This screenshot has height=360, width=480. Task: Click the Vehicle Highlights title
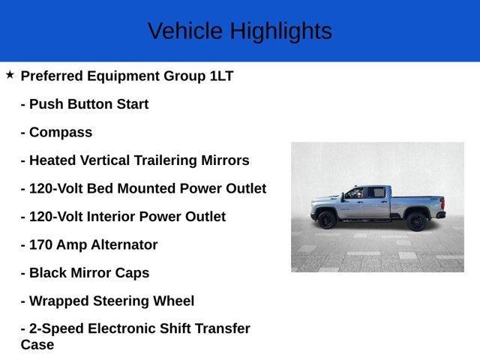[239, 31]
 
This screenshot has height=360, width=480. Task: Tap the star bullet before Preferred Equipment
[10, 75]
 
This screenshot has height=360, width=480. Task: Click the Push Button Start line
[84, 104]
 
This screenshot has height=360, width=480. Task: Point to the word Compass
[61, 133]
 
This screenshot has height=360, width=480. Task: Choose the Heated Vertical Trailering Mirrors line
[135, 160]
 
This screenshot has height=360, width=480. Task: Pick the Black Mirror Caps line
[85, 273]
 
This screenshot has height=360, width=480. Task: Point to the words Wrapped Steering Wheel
[112, 301]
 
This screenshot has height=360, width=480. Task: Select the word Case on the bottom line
[37, 345]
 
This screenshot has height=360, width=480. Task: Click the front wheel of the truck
[327, 220]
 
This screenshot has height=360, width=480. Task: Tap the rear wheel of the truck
[416, 220]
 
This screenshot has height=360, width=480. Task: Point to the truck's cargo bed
[417, 199]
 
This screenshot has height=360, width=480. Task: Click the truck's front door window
[354, 193]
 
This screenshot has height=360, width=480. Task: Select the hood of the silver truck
[324, 199]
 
